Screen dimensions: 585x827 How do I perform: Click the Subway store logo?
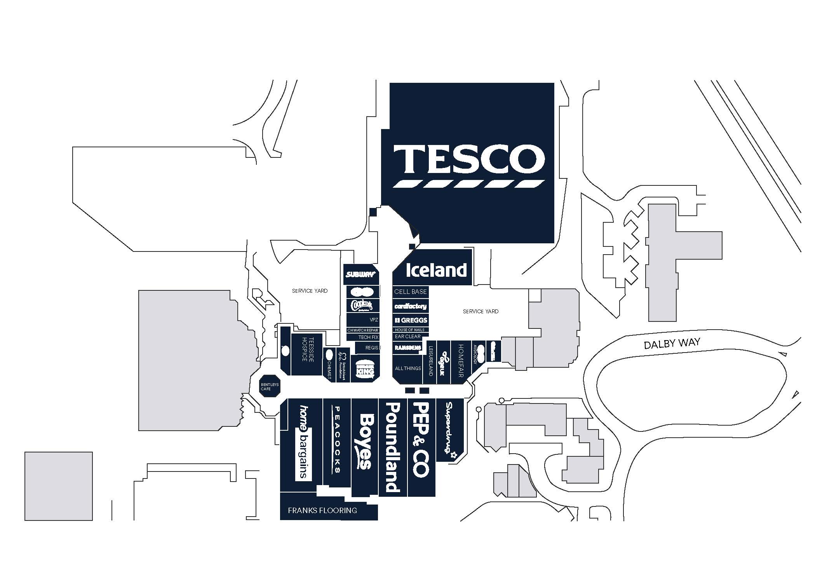pos(361,274)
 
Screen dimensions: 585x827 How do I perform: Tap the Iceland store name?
pos(436,270)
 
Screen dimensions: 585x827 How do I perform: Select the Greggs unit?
pos(411,320)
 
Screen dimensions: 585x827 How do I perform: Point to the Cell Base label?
pos(410,292)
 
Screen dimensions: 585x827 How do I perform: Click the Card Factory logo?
pos(410,306)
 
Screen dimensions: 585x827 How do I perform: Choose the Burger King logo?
pos(365,368)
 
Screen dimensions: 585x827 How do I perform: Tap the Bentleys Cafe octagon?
pos(270,386)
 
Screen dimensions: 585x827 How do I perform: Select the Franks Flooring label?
pos(322,510)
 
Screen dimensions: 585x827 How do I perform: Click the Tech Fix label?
pos(368,337)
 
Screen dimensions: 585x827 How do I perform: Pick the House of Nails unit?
pos(409,330)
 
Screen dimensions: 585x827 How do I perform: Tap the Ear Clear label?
pos(407,337)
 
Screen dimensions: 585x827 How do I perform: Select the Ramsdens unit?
pos(407,348)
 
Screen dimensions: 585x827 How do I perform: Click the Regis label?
pos(371,348)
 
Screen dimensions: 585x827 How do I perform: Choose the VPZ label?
pos(374,320)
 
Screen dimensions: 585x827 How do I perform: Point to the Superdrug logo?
pos(450,430)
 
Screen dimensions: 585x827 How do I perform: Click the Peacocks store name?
pos(337,439)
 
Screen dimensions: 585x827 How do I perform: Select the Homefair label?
pos(461,360)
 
